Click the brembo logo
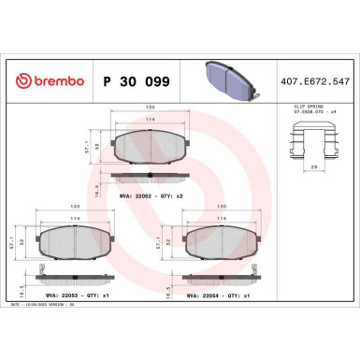tap(44, 81)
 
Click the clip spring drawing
tap(310, 141)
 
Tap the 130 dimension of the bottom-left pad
tap(62, 209)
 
